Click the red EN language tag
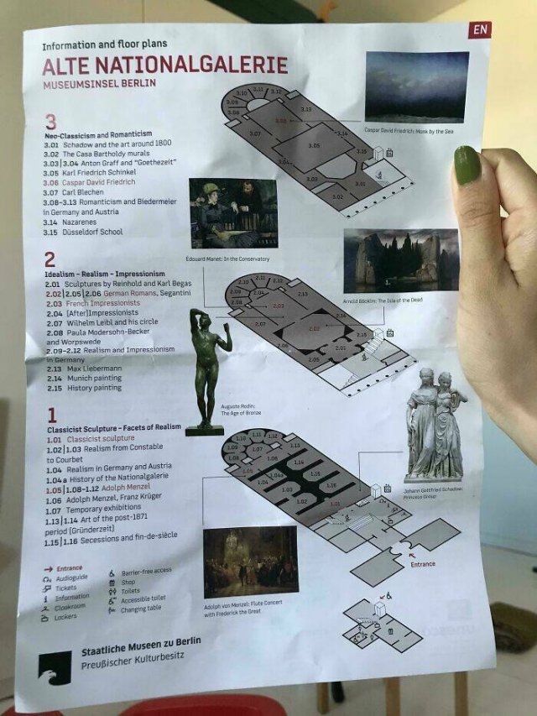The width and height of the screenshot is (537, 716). pyautogui.click(x=480, y=29)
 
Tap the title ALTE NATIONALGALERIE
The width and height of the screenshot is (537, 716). pyautogui.click(x=165, y=65)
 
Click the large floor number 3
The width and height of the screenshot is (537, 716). pyautogui.click(x=51, y=122)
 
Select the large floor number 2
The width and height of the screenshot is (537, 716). pyautogui.click(x=50, y=259)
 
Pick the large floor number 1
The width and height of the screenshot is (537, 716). pyautogui.click(x=51, y=414)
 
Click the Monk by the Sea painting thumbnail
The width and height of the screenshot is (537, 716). pyautogui.click(x=417, y=86)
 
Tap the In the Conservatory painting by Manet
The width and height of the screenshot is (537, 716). pyautogui.click(x=233, y=213)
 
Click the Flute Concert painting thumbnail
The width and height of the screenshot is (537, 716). pyautogui.click(x=250, y=562)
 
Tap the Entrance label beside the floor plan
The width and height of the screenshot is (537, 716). pyautogui.click(x=423, y=564)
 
